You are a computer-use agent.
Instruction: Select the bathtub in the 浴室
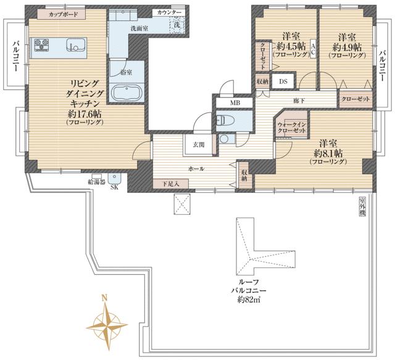128,93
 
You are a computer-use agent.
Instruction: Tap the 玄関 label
198,144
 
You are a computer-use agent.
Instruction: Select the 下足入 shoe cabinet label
171,183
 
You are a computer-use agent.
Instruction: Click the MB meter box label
235,103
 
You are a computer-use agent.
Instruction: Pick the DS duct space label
283,81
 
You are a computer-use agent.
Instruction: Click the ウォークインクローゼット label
292,127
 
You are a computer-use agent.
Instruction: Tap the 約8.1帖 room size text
328,153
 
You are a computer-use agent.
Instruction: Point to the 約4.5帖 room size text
287,47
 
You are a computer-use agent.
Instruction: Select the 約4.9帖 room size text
346,47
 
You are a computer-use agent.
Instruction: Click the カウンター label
169,12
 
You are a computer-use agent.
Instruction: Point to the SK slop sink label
114,188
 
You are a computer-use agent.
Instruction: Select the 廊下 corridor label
298,100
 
